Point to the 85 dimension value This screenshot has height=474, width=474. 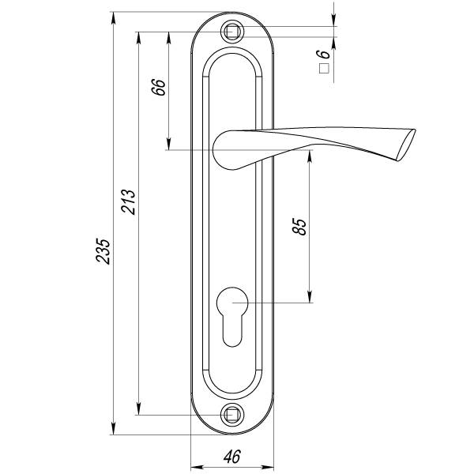click(x=299, y=227)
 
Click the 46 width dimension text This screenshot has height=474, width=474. click(x=232, y=456)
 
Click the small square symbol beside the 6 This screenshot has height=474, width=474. click(x=322, y=69)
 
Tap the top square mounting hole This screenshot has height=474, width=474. click(x=232, y=32)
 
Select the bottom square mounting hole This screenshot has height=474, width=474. click(x=232, y=414)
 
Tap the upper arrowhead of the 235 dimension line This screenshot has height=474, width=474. click(x=113, y=17)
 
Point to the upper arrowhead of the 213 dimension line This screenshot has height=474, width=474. click(x=139, y=37)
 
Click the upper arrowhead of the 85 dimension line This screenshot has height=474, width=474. click(x=310, y=156)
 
